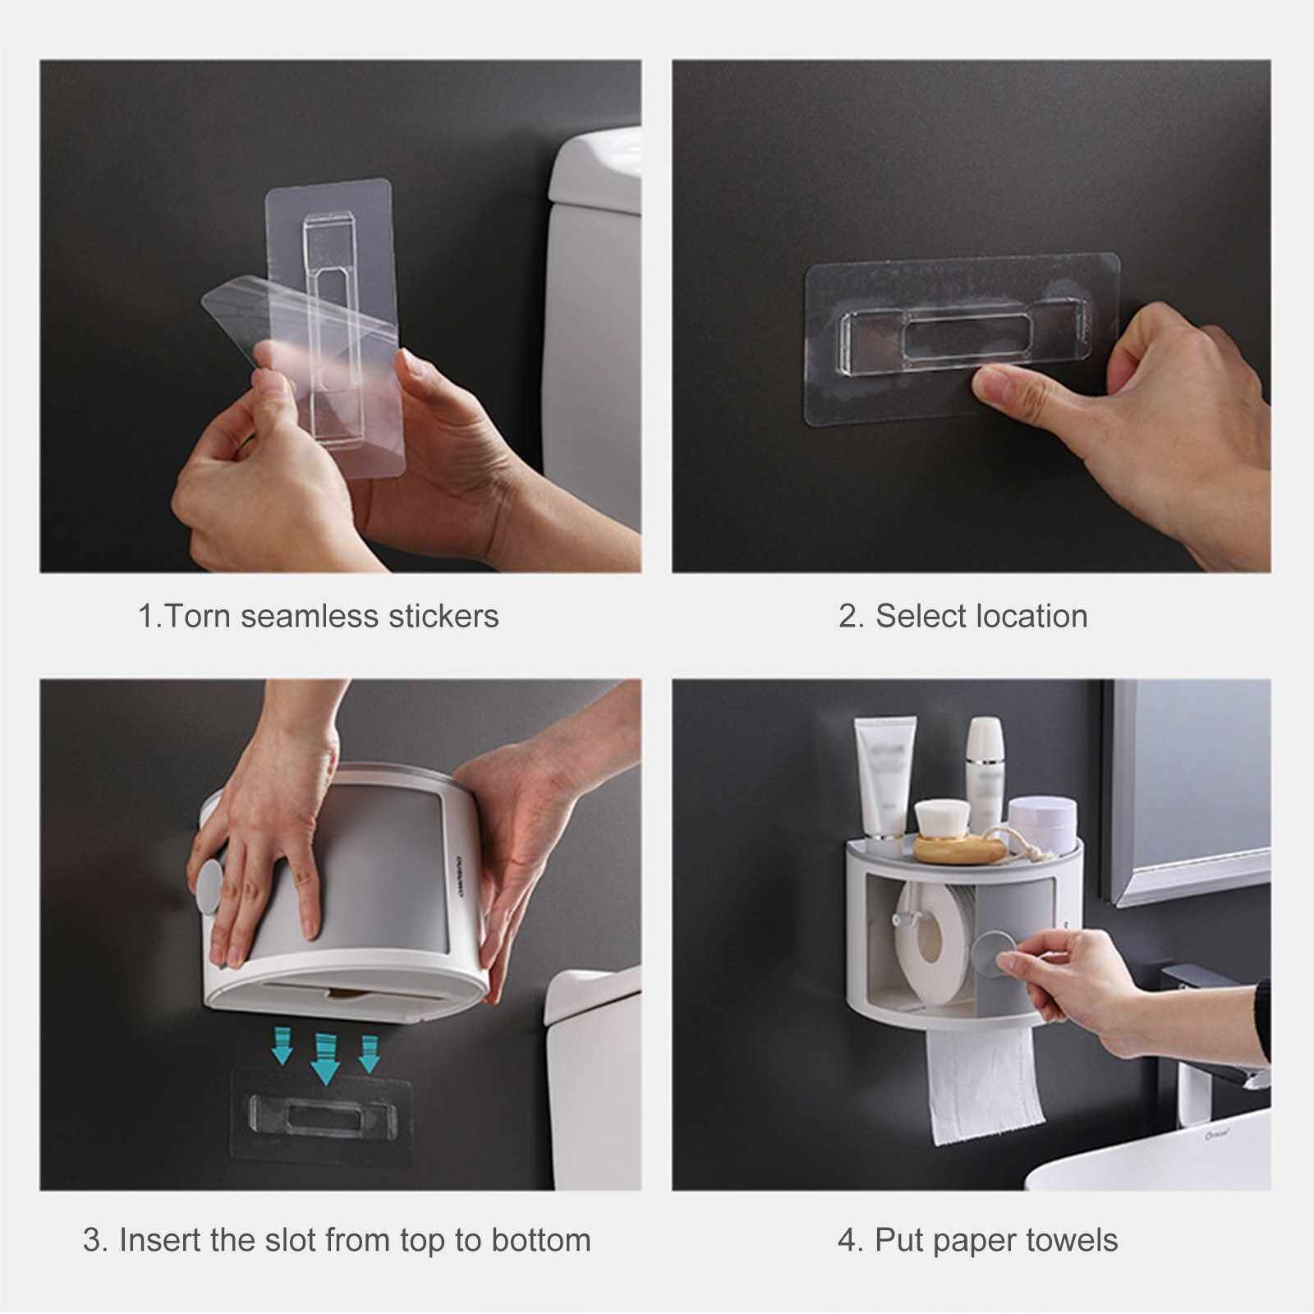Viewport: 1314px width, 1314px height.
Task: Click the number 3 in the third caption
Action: coord(94,1239)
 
